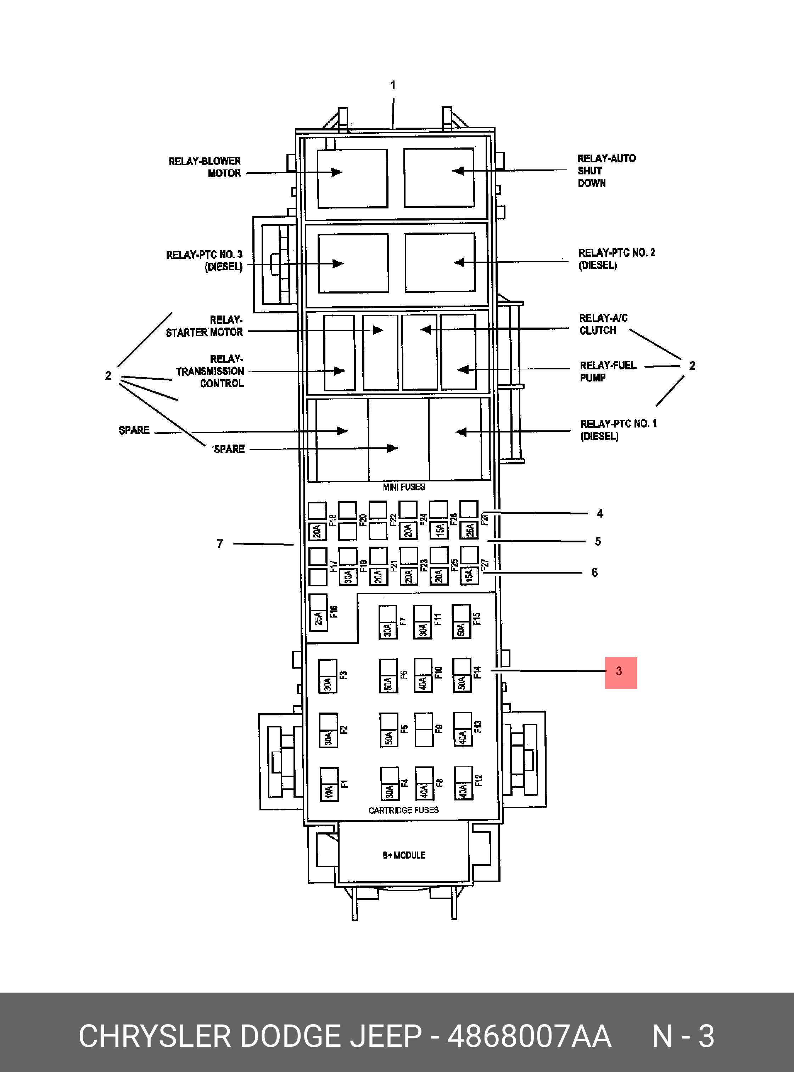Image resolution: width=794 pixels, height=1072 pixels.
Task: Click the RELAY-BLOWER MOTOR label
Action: click(205, 167)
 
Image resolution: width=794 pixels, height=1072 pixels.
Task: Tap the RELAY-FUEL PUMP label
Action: click(608, 372)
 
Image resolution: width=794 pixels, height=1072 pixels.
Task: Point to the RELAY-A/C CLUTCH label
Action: click(603, 324)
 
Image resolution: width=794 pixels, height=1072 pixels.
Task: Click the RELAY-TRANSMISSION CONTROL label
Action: click(211, 371)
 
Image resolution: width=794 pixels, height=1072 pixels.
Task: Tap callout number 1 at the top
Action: click(393, 85)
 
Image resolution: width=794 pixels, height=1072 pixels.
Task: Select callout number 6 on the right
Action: click(594, 573)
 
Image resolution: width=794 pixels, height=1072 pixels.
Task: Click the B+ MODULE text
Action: click(404, 855)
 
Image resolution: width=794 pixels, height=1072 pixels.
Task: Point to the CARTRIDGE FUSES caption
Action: click(404, 810)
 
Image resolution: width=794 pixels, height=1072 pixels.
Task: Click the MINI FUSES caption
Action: click(404, 487)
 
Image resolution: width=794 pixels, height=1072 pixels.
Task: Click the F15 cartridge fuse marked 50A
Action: click(461, 621)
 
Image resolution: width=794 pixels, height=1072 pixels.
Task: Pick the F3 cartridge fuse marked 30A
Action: click(328, 676)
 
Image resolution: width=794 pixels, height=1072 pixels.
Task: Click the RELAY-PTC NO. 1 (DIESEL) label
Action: click(618, 430)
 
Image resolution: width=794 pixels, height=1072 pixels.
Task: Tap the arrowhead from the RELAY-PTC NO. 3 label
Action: click(339, 263)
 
